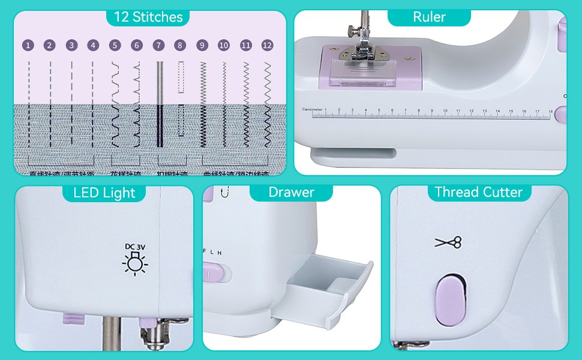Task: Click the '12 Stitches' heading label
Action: tap(148, 16)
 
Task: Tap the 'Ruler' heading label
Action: tap(429, 17)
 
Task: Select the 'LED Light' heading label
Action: tap(104, 193)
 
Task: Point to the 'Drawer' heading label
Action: tap(291, 192)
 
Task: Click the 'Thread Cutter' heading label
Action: tap(478, 192)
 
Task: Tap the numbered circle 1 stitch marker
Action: tap(28, 45)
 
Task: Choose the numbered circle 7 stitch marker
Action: tap(158, 45)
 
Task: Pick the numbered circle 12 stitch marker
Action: tap(267, 45)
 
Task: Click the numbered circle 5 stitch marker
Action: tap(115, 45)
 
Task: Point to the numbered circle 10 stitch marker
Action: tap(224, 45)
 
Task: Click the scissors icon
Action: tap(449, 242)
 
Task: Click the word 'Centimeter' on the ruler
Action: tap(312, 110)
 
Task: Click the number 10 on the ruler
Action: tap(445, 110)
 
